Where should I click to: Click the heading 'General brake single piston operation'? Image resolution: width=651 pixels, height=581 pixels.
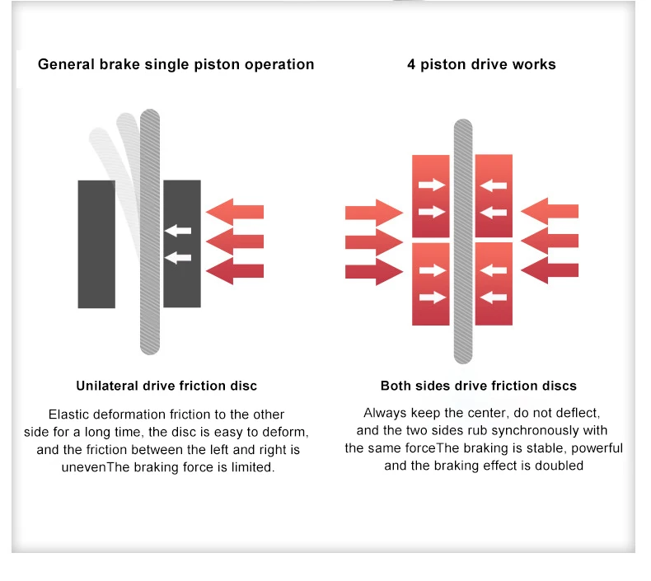[x=176, y=64]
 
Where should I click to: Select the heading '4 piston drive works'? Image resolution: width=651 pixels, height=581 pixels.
[x=481, y=64]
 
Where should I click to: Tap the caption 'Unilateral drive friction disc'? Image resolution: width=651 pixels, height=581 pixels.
[x=166, y=386]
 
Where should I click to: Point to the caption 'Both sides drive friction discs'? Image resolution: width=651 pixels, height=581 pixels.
[x=479, y=386]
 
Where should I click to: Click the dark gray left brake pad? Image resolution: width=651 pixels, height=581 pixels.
[x=96, y=244]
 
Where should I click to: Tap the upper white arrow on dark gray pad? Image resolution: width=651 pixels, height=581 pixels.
[x=178, y=230]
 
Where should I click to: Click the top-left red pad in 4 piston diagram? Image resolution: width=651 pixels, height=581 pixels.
[x=431, y=196]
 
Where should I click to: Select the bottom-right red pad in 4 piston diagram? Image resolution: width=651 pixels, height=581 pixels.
[x=494, y=284]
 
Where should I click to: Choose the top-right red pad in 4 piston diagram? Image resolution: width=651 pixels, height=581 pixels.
[x=494, y=196]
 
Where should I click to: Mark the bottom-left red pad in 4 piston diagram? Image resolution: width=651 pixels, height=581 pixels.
[x=431, y=284]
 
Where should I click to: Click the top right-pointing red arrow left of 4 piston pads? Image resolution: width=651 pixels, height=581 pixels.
[x=373, y=212]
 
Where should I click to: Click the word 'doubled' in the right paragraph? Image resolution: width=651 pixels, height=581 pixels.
[x=560, y=466]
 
